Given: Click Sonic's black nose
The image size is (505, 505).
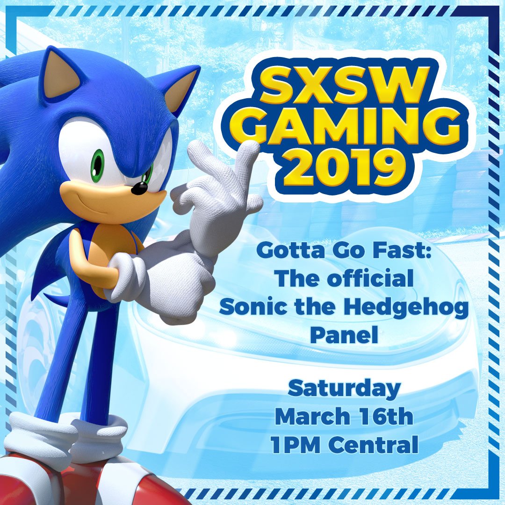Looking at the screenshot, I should pos(139,188).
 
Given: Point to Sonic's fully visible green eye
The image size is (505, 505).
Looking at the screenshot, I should pos(97,165).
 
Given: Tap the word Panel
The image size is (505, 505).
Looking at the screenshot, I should pos(344,336).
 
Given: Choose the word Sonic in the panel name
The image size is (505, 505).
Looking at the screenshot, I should pos(248,307).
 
